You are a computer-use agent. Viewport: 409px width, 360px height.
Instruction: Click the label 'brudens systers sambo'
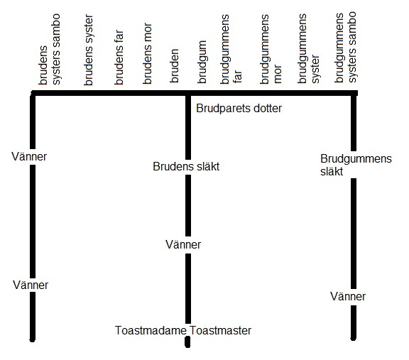coord(50,49)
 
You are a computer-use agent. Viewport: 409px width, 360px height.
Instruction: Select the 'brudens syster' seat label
coord(89,50)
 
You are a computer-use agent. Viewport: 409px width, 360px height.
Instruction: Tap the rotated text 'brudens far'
coord(119,57)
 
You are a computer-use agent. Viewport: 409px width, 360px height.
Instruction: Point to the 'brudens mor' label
coord(148,53)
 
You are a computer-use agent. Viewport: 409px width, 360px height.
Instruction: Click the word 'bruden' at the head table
coord(174,66)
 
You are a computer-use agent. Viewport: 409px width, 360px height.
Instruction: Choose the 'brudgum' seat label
coord(202,62)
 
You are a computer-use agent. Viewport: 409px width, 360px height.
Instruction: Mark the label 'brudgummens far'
coord(231,49)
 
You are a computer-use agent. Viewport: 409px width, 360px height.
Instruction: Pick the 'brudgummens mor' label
coord(271,49)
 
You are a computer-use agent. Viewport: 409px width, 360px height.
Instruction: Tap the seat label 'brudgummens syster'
coord(308,48)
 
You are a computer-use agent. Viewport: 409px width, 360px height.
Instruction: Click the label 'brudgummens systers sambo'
coord(345,47)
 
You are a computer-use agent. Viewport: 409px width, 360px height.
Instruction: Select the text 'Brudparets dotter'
coord(239,108)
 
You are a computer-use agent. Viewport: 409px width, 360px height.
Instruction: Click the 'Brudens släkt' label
coord(186,166)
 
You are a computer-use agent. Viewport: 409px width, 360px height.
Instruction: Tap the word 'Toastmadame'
coord(151,330)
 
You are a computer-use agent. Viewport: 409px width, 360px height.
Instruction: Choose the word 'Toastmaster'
coord(220,330)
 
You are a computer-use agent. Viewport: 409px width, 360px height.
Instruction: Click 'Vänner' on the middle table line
coord(183,244)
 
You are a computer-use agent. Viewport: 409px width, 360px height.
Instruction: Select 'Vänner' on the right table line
coord(348,296)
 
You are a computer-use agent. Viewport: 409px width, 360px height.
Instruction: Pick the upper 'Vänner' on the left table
coord(29,156)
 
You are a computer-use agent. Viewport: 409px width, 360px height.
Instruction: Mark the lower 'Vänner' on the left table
coord(31,285)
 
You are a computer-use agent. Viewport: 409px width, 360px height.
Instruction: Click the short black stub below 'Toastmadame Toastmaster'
coord(187,342)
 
